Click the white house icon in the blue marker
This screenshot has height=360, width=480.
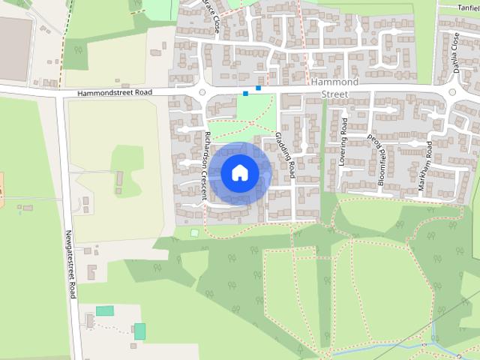[x=239, y=173]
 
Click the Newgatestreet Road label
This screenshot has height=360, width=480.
[x=71, y=263]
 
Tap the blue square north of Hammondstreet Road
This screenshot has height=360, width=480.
[x=259, y=88]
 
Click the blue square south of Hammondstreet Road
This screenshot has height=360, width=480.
[x=245, y=94]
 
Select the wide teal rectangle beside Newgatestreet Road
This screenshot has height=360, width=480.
[x=105, y=310]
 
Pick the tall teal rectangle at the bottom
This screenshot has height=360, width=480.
[x=139, y=331]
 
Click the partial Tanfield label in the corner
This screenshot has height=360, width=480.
[x=468, y=7]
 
